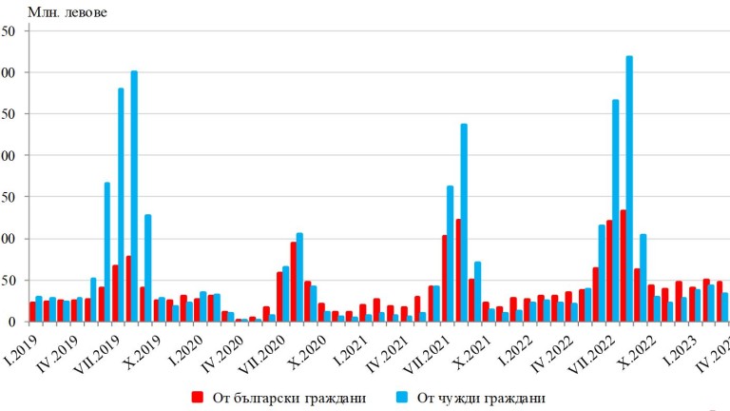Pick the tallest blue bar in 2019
[x=134, y=196]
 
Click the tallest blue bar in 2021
[x=464, y=223]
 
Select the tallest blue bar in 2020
[x=299, y=277]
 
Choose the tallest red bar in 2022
[x=623, y=265]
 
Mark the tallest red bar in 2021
[x=457, y=270]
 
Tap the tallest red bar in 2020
[x=293, y=282]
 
